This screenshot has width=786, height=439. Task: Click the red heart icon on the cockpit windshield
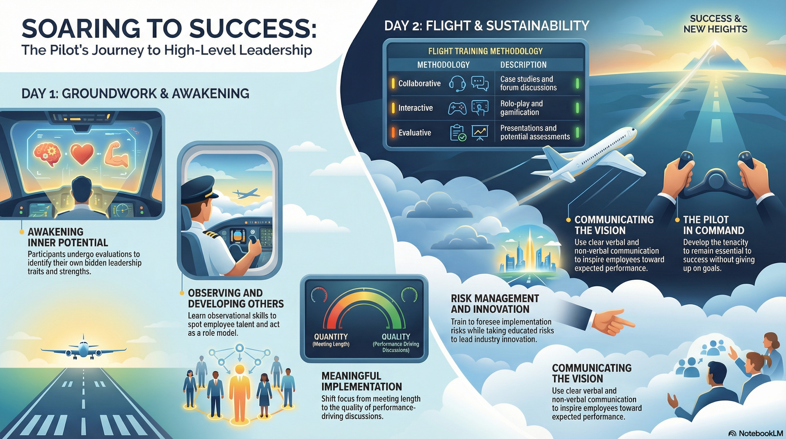click(x=82, y=154)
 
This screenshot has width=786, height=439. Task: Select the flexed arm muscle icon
click(x=116, y=154)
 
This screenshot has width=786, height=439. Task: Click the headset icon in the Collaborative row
click(x=457, y=84)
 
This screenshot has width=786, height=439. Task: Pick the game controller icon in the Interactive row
click(x=457, y=108)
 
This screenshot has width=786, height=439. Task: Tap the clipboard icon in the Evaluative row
click(x=458, y=133)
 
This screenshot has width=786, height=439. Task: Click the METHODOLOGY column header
click(x=443, y=65)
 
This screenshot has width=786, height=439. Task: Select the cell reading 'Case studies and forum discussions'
click(x=528, y=84)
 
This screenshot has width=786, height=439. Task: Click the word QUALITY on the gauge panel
click(x=396, y=336)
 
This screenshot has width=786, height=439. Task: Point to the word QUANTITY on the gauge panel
click(x=331, y=336)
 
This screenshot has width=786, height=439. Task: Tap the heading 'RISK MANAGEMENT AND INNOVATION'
click(x=495, y=304)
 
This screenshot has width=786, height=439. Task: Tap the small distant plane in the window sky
click(x=246, y=193)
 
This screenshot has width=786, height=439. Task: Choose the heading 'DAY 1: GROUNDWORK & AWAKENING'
click(x=135, y=94)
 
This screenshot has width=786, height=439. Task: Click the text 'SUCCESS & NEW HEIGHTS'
click(x=715, y=24)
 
